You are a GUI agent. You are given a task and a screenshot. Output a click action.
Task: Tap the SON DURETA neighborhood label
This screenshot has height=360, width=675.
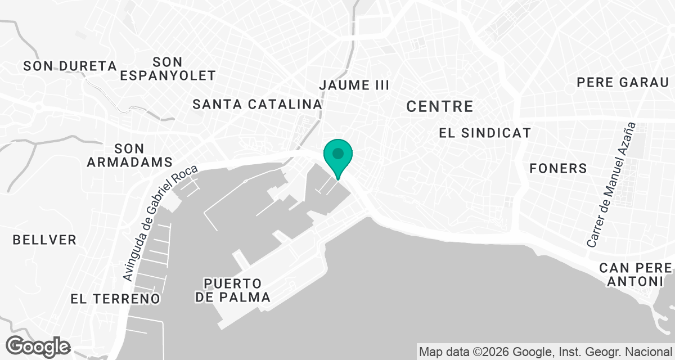[x=70, y=66]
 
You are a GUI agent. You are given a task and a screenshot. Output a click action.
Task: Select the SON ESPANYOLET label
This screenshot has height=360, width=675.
[x=168, y=68]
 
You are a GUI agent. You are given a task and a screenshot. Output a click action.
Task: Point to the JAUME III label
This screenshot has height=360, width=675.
[x=354, y=85]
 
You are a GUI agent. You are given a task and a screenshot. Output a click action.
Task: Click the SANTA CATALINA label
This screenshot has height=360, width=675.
[x=257, y=104]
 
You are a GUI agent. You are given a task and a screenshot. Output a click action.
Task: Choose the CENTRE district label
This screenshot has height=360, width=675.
[x=439, y=106]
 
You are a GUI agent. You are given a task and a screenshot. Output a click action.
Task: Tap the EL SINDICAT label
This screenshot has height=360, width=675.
[x=485, y=133]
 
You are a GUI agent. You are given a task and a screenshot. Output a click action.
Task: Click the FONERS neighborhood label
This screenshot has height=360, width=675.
[x=558, y=168]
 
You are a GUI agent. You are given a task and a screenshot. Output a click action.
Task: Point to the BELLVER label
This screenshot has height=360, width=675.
[x=44, y=240]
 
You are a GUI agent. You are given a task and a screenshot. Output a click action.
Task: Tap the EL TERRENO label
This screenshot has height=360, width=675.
[x=116, y=299]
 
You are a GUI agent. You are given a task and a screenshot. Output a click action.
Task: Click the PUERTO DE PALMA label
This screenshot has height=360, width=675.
[x=233, y=290]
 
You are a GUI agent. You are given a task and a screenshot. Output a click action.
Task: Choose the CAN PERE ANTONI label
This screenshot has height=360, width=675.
[x=636, y=274]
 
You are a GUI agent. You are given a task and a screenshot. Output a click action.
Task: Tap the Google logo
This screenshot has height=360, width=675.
[x=39, y=346]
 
